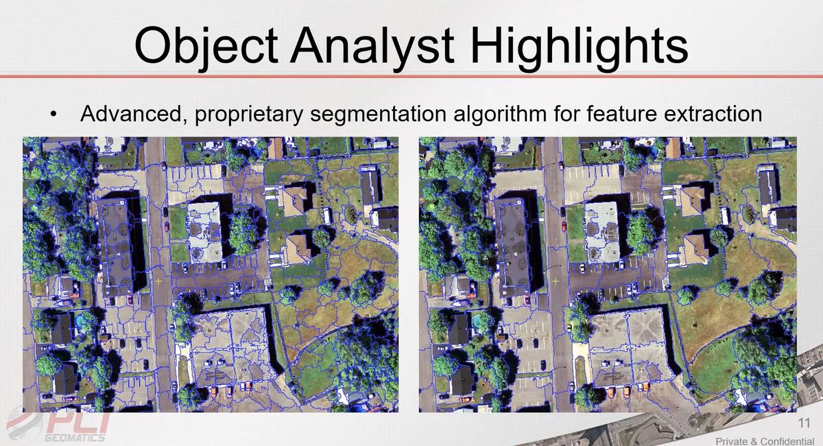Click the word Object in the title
click(206, 47)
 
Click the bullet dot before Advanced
click(53, 114)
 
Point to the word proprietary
click(248, 115)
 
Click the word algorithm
click(500, 115)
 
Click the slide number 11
click(804, 423)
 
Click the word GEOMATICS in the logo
click(75, 438)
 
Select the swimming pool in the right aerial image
click(476, 322)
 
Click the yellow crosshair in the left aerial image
click(158, 281)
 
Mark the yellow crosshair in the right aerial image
click(556, 281)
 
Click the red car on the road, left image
click(167, 226)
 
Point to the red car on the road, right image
click(564, 226)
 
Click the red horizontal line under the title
click(411, 76)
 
